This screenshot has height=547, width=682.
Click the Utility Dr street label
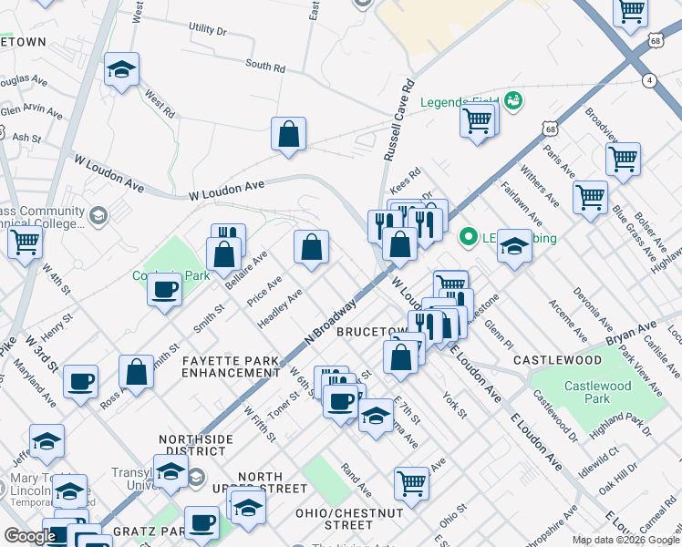[207, 30]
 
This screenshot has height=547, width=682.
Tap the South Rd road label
[265, 66]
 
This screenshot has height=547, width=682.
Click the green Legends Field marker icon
[512, 99]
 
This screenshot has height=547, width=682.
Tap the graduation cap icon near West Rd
[120, 69]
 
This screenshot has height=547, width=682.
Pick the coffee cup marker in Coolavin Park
[164, 289]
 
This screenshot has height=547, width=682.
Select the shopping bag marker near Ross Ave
[136, 372]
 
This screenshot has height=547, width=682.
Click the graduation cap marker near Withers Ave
[514, 246]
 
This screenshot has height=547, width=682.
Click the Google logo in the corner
[30, 536]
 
